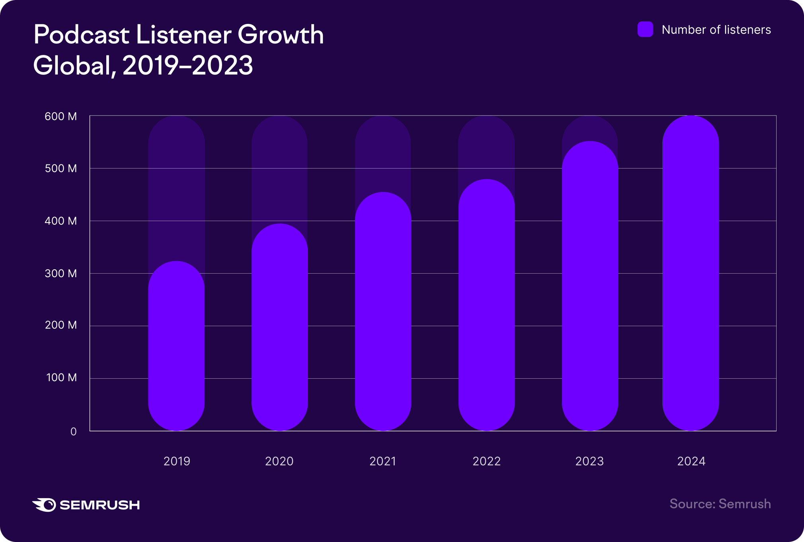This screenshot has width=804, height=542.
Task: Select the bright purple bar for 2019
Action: coord(176,346)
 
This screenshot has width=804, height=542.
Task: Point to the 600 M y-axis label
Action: coord(60,117)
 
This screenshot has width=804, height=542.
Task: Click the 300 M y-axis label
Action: coord(60,274)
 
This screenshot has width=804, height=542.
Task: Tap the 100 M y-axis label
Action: coord(61,378)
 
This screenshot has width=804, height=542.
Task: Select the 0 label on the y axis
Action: coord(73,432)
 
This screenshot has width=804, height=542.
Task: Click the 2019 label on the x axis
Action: coord(177,461)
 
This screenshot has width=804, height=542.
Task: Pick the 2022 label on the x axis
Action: coord(486,461)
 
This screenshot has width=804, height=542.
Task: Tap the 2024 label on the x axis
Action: coord(691,461)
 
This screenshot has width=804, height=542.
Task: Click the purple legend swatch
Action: coord(645,29)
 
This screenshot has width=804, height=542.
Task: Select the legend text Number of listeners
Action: coord(716,30)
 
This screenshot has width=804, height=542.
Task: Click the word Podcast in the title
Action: coord(82,35)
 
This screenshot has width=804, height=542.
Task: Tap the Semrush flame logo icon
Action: coord(44,505)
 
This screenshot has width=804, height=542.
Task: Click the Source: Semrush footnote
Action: coord(720,504)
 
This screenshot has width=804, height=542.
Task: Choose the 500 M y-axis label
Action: coord(60,168)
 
